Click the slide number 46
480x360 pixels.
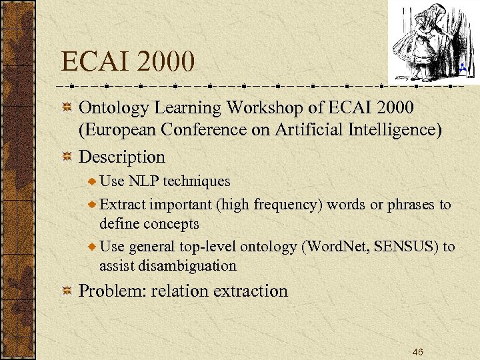click(x=418, y=351)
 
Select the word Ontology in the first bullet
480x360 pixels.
click(x=113, y=107)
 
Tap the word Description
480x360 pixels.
click(x=122, y=157)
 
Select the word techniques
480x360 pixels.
click(x=198, y=181)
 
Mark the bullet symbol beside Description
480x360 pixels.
click(x=67, y=157)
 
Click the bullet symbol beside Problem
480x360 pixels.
click(x=67, y=291)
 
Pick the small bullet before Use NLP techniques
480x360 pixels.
click(x=92, y=181)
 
